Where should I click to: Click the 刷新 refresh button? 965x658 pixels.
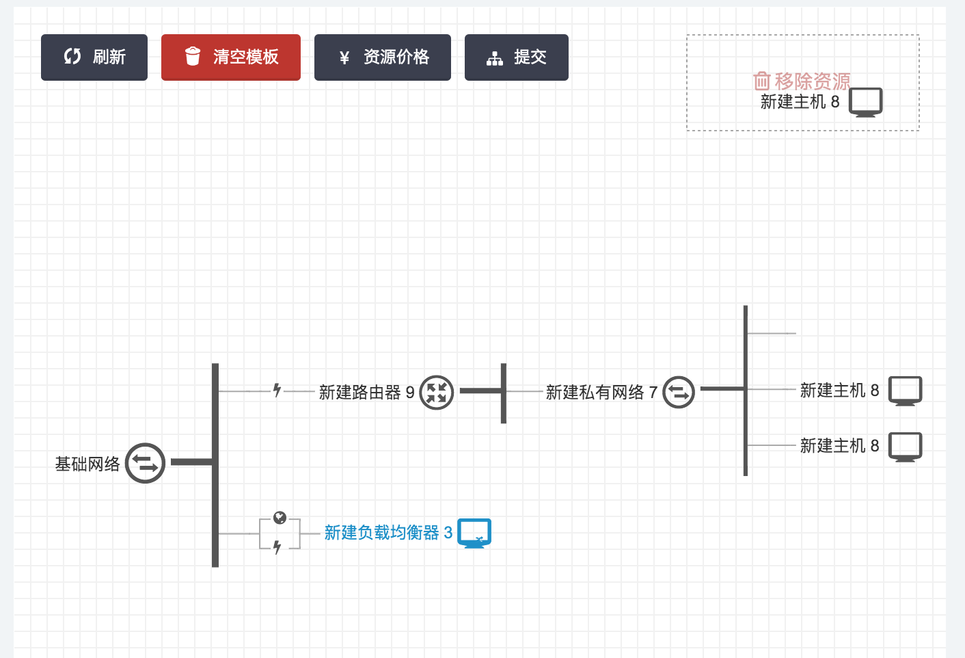pyautogui.click(x=94, y=57)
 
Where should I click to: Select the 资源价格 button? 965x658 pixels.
pyautogui.click(x=383, y=57)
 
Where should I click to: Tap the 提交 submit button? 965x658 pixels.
pyautogui.click(x=517, y=57)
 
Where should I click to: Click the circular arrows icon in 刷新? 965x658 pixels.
pyautogui.click(x=72, y=57)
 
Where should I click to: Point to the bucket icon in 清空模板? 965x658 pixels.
pyautogui.click(x=193, y=56)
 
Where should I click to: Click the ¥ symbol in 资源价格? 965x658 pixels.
pyautogui.click(x=344, y=58)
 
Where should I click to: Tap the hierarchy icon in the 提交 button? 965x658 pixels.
pyautogui.click(x=494, y=59)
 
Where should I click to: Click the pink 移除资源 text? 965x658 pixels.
pyautogui.click(x=813, y=81)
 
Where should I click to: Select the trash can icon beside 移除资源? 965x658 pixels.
pyautogui.click(x=761, y=81)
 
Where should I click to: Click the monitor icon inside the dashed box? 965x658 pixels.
pyautogui.click(x=865, y=102)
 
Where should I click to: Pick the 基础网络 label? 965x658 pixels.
pyautogui.click(x=87, y=464)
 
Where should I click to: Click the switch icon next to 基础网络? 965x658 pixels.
pyautogui.click(x=145, y=463)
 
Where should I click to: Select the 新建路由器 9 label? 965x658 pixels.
pyautogui.click(x=366, y=393)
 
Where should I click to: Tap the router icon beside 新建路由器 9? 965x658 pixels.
pyautogui.click(x=436, y=393)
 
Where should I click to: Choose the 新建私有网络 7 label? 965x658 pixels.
pyautogui.click(x=601, y=393)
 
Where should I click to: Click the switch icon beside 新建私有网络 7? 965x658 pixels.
pyautogui.click(x=679, y=393)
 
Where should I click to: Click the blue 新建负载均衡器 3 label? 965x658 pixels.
pyautogui.click(x=388, y=533)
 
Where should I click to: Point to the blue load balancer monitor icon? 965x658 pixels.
pyautogui.click(x=474, y=533)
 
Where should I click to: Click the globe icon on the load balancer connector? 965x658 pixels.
pyautogui.click(x=280, y=518)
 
